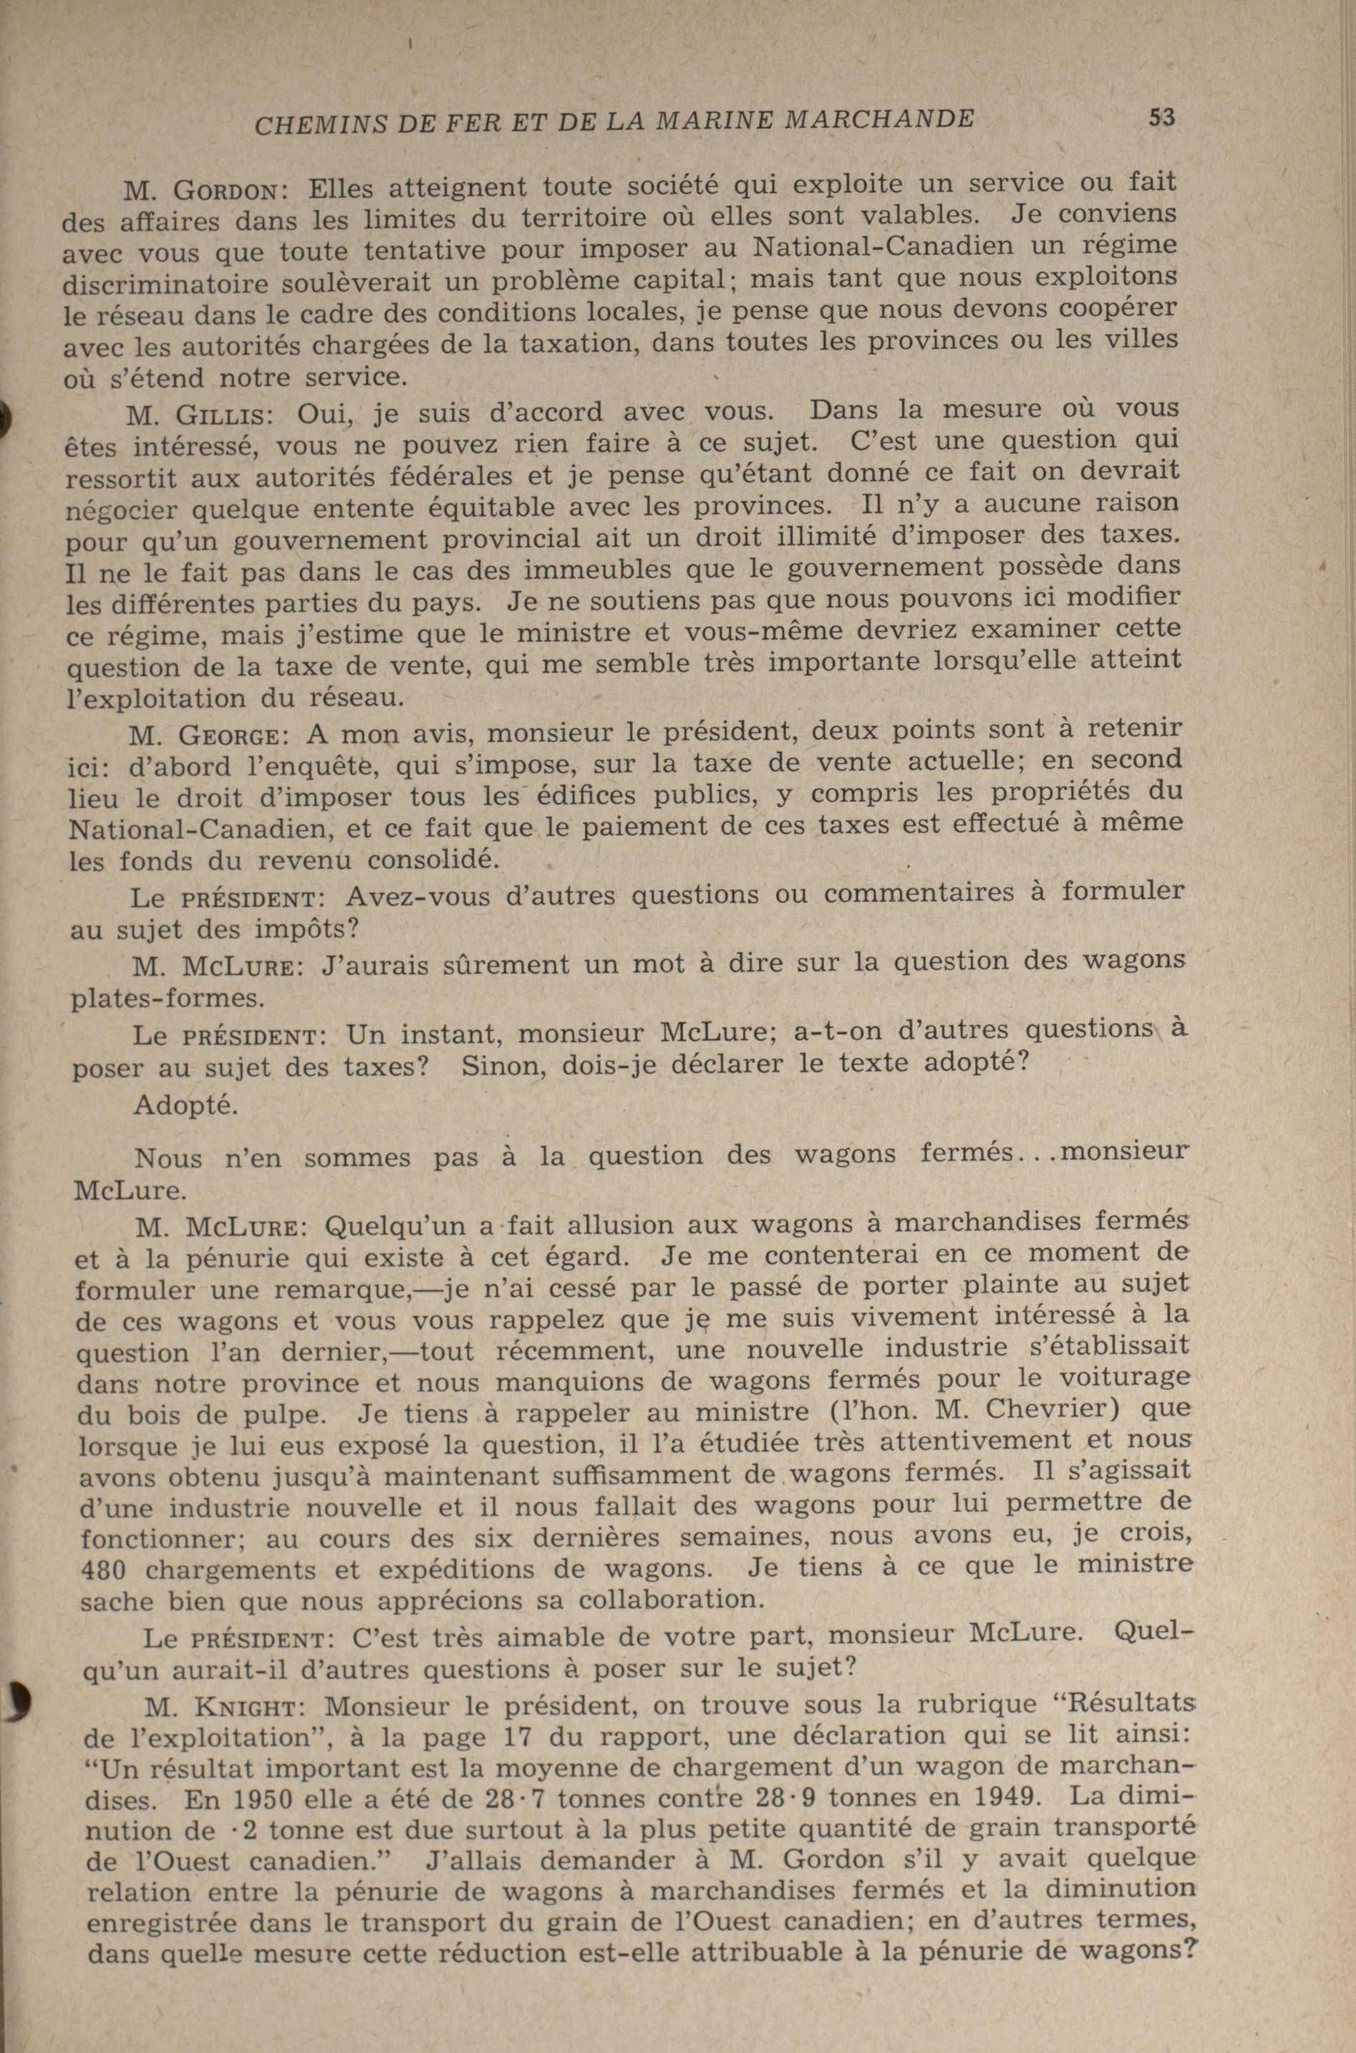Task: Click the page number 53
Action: [1161, 117]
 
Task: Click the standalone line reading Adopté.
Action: [185, 1106]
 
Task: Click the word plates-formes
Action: [166, 999]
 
